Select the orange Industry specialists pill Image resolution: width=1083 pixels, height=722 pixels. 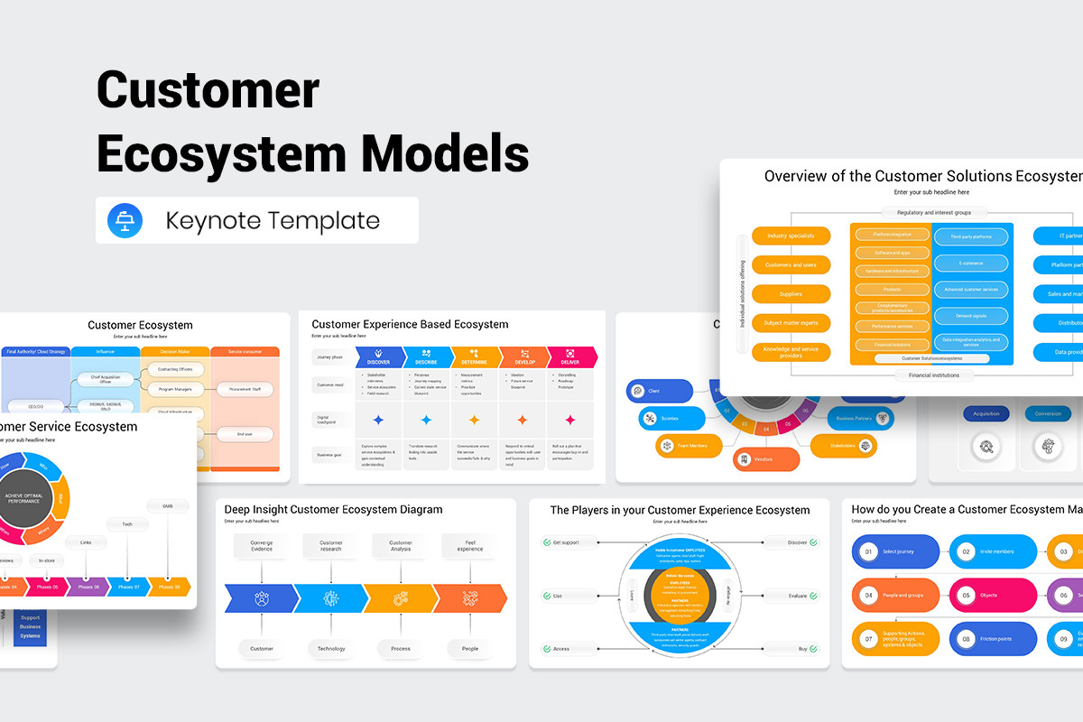coord(791,236)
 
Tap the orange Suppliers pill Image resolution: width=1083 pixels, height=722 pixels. coord(791,294)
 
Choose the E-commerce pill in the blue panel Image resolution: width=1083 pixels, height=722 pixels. coord(970,264)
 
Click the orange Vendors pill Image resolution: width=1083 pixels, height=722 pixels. coord(765,458)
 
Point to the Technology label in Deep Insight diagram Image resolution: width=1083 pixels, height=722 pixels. coord(331,648)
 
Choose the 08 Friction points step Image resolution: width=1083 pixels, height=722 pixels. coord(992,639)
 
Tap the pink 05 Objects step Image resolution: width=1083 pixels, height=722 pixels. coord(992,596)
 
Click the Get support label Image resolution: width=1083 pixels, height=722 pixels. coord(564,542)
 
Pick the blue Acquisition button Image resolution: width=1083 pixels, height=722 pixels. coord(986,413)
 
